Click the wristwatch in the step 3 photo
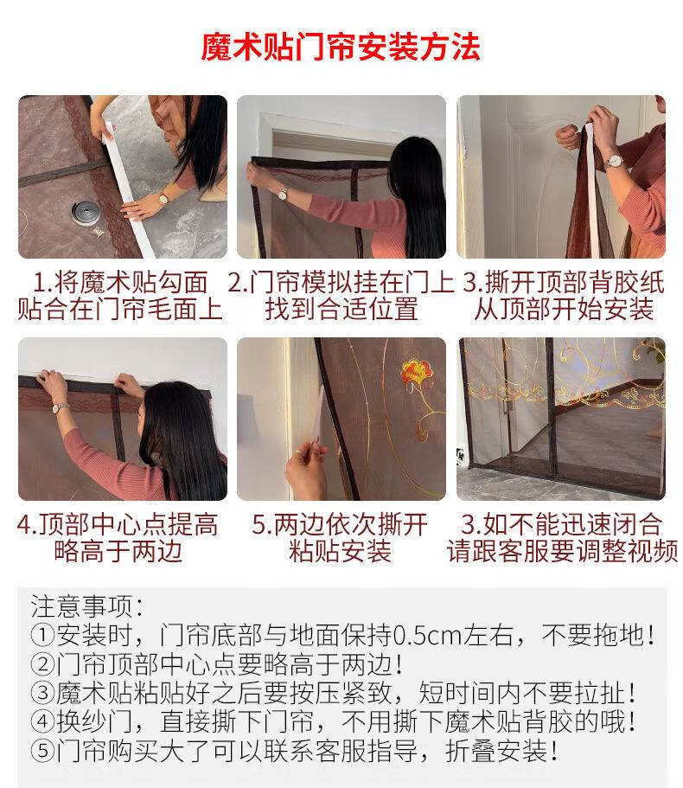614,161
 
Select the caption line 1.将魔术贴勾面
121,283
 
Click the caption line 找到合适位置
341,310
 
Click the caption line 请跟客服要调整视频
562,552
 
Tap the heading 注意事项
86,605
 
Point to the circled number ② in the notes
43,665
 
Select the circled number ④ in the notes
43,722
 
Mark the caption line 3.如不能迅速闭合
562,525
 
